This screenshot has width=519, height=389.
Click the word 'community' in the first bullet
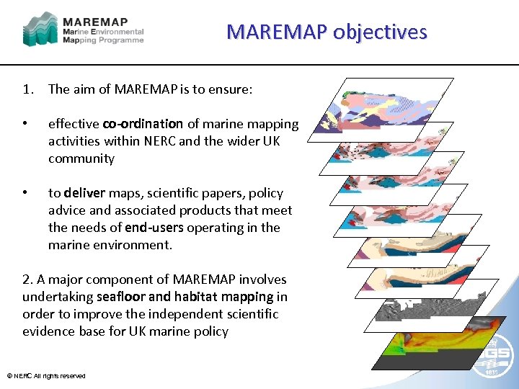click(x=81, y=158)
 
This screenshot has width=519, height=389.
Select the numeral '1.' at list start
click(x=29, y=89)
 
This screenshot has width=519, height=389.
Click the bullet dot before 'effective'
click(x=26, y=124)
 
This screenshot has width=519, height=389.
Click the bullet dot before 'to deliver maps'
click(x=26, y=193)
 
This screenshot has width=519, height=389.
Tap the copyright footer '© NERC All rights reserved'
click(x=46, y=376)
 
